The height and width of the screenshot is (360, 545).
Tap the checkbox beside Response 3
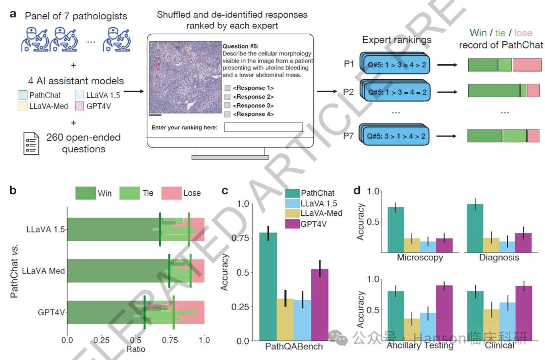[228, 105]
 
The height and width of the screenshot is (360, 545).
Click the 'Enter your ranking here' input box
[263, 128]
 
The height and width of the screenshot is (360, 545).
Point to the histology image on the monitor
[185, 76]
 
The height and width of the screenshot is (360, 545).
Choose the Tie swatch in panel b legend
[130, 193]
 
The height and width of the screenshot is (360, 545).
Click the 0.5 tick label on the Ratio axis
[135, 340]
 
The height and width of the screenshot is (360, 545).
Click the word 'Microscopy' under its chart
[420, 257]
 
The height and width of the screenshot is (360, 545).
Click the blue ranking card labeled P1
[393, 65]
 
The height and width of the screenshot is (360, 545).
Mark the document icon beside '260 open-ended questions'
[32, 143]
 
